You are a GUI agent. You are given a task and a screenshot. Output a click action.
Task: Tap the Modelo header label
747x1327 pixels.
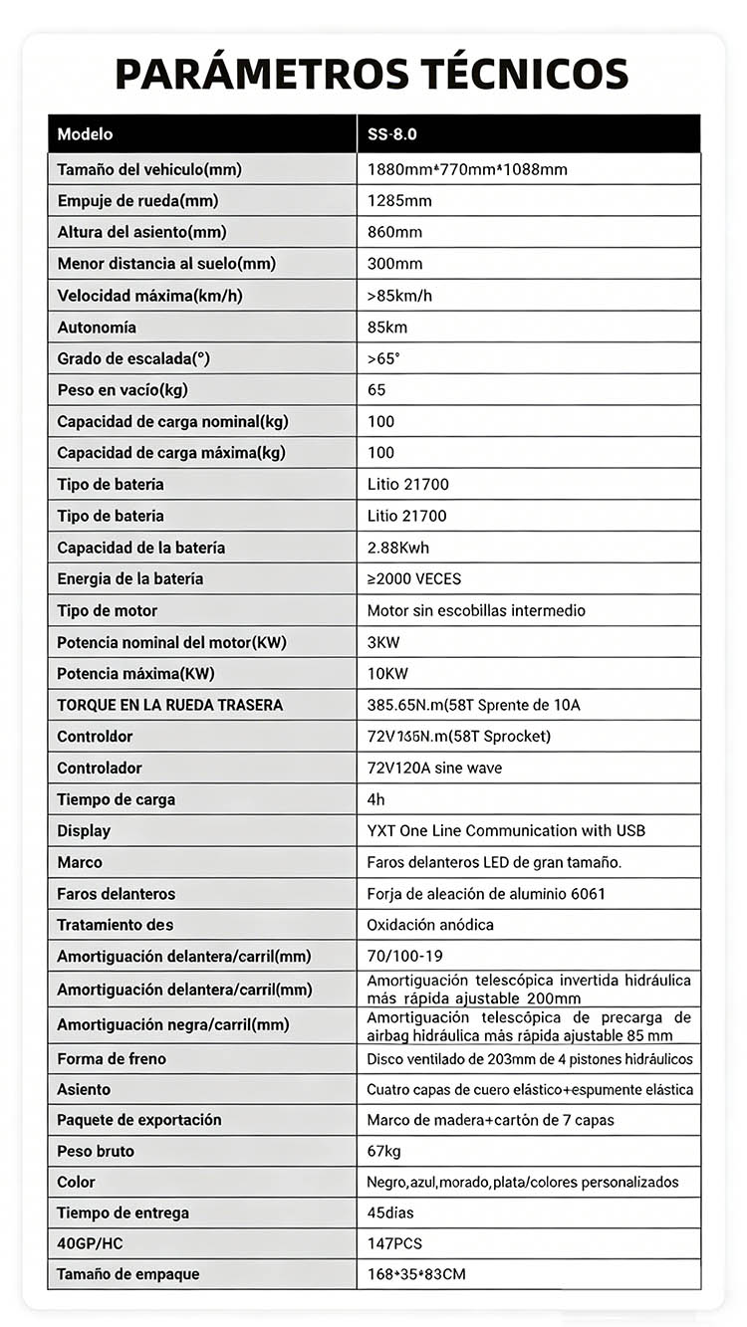click(x=85, y=134)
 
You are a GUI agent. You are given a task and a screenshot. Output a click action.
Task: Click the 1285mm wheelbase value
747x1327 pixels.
click(x=399, y=201)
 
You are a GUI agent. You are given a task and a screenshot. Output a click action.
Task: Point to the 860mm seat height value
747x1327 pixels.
click(x=394, y=232)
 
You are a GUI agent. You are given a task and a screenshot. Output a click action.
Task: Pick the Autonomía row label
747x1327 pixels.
click(x=97, y=328)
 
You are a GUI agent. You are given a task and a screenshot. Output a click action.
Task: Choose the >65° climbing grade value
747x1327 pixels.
click(x=383, y=358)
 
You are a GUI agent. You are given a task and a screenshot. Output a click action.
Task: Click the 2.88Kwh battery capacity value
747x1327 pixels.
click(x=398, y=548)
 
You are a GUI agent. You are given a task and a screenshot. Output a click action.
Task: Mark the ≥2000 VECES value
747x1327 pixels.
click(x=414, y=578)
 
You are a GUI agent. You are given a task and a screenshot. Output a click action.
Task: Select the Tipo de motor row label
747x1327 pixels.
click(x=107, y=610)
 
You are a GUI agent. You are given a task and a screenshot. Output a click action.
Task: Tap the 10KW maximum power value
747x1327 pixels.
click(x=388, y=674)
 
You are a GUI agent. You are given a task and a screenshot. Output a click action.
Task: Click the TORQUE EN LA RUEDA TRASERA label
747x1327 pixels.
click(x=169, y=705)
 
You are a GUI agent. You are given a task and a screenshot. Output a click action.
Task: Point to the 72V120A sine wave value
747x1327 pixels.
click(x=434, y=768)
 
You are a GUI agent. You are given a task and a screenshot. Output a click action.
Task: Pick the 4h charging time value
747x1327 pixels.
click(x=375, y=799)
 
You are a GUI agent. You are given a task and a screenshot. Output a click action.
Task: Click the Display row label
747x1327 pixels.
click(x=84, y=830)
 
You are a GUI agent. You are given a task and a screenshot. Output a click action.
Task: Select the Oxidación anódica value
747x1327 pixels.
click(x=430, y=925)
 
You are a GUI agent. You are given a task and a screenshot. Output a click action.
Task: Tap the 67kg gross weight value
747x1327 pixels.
click(x=383, y=1151)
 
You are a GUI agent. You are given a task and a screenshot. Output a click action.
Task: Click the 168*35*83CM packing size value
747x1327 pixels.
click(x=416, y=1274)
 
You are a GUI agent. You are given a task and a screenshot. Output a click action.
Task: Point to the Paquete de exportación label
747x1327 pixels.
click(x=138, y=1120)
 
